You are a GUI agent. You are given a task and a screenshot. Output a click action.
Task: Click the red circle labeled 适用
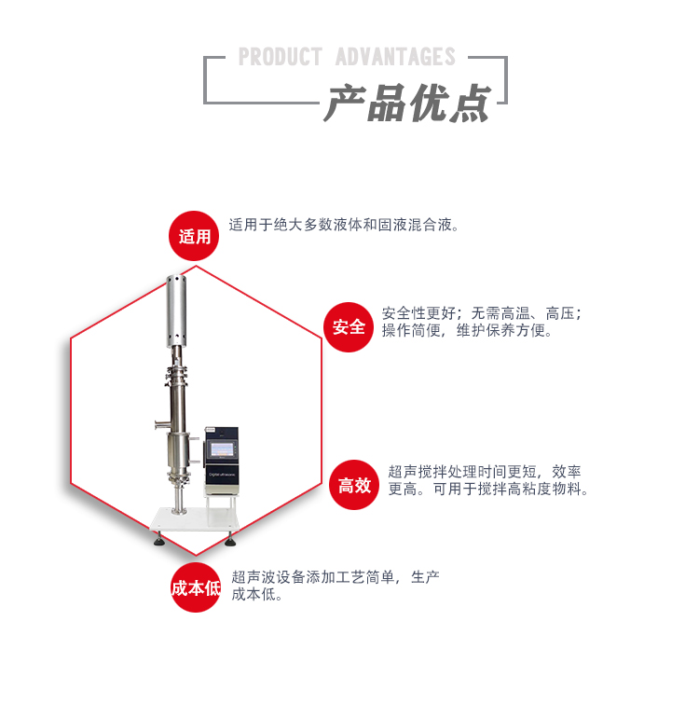point(195,236)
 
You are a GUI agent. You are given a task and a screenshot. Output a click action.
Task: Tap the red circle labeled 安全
point(349,326)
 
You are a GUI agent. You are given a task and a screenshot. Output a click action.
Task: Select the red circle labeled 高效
point(354,485)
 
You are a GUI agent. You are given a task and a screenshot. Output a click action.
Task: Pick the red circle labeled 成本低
point(195,587)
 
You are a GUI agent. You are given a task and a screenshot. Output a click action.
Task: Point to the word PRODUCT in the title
point(280,57)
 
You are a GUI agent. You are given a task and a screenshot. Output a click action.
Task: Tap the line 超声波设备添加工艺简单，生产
point(335,577)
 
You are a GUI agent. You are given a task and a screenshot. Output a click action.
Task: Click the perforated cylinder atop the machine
point(178,309)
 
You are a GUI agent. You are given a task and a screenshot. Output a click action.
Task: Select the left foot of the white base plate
point(158,538)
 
